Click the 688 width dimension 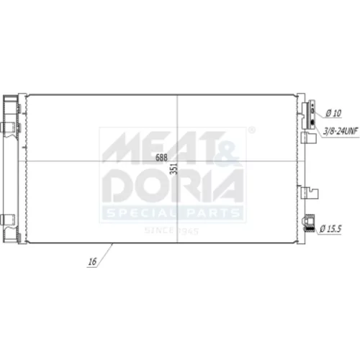coord(161,158)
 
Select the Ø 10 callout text coord(333,113)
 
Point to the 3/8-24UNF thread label coord(341,131)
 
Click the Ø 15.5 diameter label coord(330,228)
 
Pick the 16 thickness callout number coord(92,261)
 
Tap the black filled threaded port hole coord(312,122)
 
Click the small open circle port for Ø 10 coord(312,111)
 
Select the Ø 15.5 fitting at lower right coord(309,223)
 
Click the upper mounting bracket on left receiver coord(8,127)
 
